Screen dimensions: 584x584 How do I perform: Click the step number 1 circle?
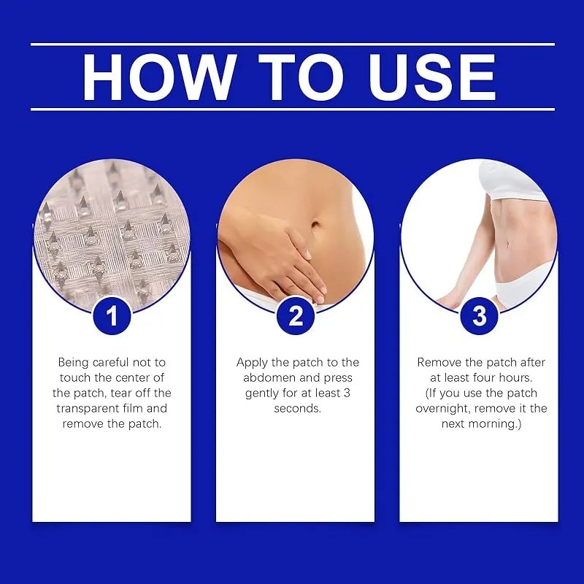click(112, 316)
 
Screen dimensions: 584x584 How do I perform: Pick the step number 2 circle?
click(295, 316)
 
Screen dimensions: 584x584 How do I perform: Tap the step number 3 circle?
click(479, 316)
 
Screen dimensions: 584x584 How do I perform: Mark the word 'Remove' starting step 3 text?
click(438, 362)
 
